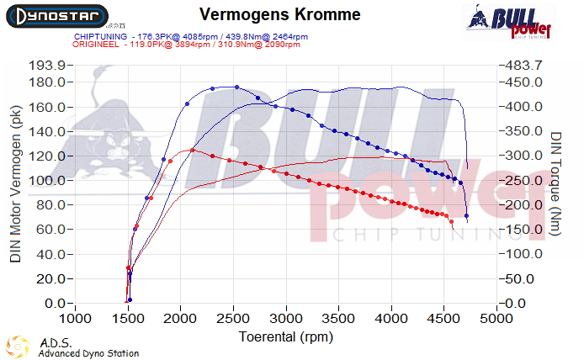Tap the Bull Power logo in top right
tap(509, 20)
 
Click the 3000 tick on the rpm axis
tap(287, 319)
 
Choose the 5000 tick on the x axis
tap(497, 319)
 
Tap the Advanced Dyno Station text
tap(88, 353)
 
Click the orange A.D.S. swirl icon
tap(17, 347)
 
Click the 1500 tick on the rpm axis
tap(129, 319)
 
